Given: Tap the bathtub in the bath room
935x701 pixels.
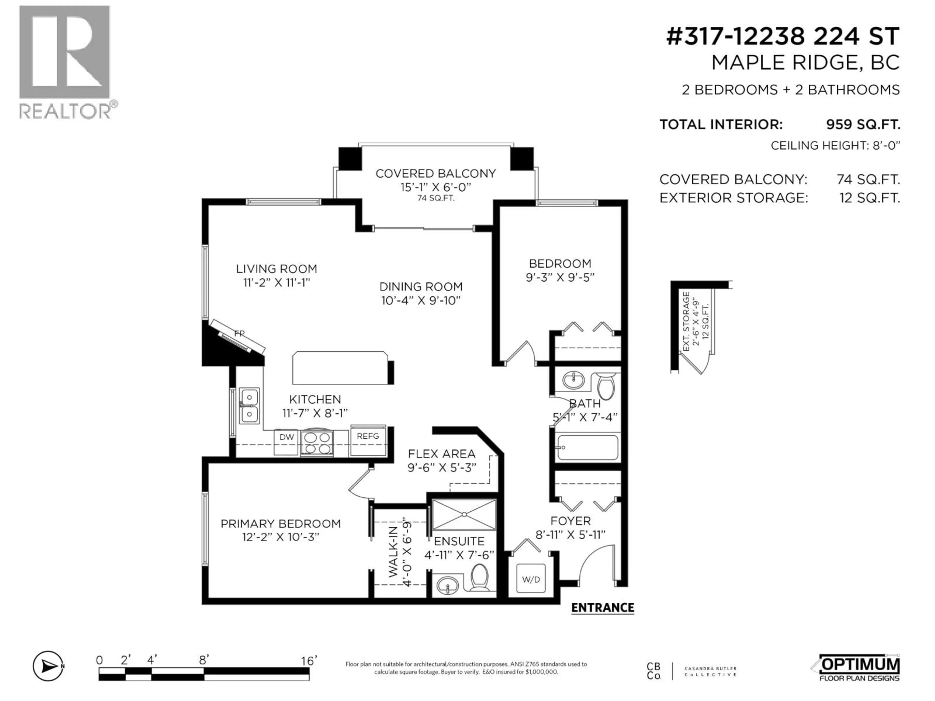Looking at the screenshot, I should [588, 447].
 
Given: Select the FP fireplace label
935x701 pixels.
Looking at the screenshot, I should [239, 333].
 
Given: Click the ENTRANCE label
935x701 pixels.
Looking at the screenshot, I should [602, 608].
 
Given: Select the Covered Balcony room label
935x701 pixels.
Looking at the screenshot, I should [435, 174].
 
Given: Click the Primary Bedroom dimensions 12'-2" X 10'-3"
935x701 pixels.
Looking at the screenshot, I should [280, 537].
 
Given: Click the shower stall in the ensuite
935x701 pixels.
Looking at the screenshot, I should [464, 514].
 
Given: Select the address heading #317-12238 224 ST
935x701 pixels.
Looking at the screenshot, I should [782, 36].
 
